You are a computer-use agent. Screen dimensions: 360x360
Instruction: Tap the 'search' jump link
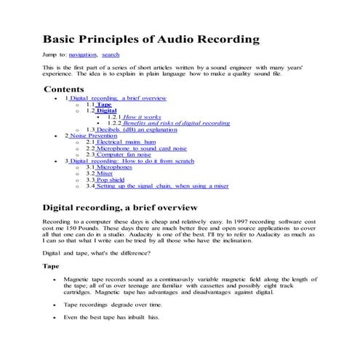point(111,55)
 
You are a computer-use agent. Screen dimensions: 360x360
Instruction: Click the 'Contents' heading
point(64,89)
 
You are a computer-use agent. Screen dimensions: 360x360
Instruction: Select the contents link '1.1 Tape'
point(104,104)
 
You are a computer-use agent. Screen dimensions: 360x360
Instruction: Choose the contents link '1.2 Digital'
point(106,111)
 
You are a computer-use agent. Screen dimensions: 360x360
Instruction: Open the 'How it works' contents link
point(142,116)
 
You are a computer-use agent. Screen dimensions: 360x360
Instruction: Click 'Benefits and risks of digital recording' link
point(177,123)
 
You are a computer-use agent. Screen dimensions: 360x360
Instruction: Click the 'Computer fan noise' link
point(129,154)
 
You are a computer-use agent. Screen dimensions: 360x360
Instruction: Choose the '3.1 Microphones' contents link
point(116,167)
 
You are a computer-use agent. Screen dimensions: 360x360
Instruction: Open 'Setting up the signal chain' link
point(162,186)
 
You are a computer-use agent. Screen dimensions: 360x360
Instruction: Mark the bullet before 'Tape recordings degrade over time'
point(54,306)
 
